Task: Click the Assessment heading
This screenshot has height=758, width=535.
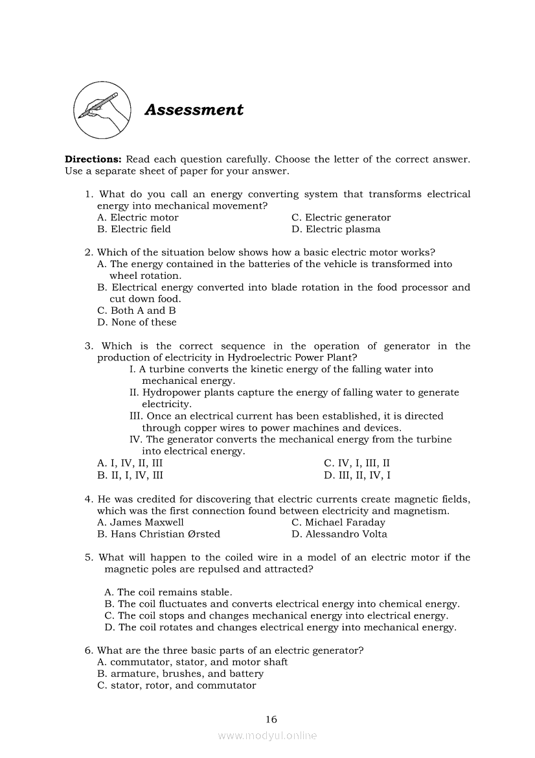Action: (194, 110)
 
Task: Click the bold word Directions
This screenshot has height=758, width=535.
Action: (93, 160)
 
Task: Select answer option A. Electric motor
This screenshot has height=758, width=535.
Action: (137, 218)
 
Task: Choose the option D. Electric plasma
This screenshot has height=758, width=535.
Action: (336, 230)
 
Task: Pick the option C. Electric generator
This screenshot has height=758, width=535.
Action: (341, 218)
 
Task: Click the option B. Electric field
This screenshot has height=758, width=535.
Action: (133, 230)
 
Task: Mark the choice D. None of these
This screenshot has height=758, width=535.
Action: (137, 322)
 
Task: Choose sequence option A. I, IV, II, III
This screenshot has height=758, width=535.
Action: (130, 464)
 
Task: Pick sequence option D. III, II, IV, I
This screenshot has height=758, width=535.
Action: (357, 475)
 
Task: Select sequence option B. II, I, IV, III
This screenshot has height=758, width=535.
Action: (130, 475)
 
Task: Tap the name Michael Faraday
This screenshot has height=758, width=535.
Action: (338, 523)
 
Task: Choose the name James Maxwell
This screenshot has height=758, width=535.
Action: (140, 523)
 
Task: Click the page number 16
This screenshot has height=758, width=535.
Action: (271, 719)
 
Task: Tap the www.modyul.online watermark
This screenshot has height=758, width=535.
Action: (267, 736)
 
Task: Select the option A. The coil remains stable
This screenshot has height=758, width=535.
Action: (168, 592)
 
